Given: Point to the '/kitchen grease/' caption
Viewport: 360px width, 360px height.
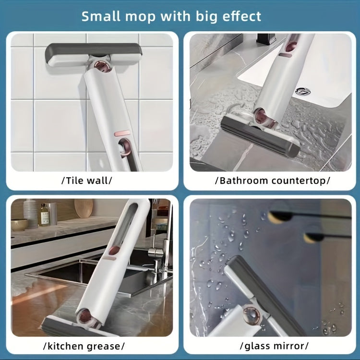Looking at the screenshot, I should click(84, 345).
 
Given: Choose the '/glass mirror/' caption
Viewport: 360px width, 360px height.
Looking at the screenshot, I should click(273, 345).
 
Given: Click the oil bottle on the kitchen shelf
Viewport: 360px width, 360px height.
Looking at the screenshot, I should click(45, 215).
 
